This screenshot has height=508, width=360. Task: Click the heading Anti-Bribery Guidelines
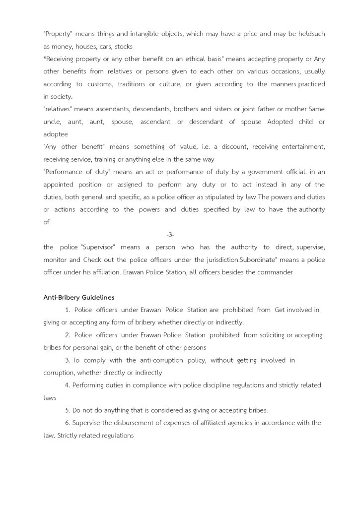[79, 297]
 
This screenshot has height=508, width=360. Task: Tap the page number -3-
[170, 234]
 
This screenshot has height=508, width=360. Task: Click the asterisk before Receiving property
[45, 59]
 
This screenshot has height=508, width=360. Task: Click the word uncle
[52, 122]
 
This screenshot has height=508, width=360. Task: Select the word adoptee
[55, 134]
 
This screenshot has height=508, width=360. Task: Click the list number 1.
[67, 310]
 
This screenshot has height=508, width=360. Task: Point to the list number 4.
[67, 385]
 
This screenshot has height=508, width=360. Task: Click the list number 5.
[67, 410]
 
